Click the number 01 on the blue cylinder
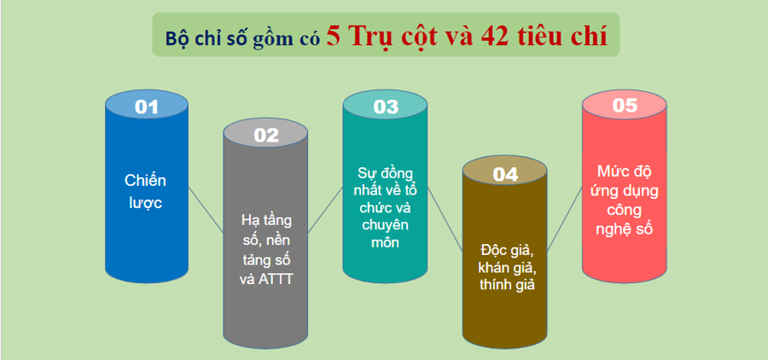tap(147, 107)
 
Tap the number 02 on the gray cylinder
tap(266, 134)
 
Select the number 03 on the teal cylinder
tap(386, 107)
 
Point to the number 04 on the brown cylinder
tap(505, 174)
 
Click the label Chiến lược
tap(146, 192)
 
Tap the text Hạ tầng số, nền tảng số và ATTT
tap(266, 250)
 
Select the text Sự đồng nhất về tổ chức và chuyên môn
tap(385, 207)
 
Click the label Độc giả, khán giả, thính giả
tap(505, 267)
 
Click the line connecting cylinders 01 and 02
tap(206, 209)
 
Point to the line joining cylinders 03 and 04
tap(445, 214)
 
